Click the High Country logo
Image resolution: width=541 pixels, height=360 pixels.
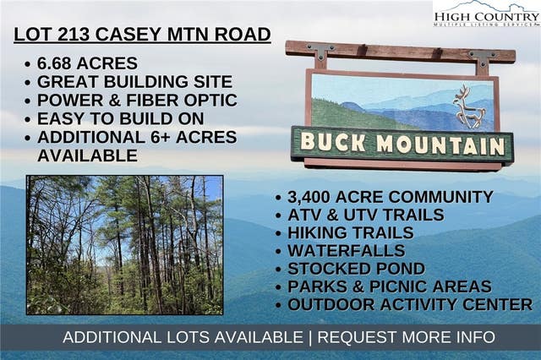pos(487,14)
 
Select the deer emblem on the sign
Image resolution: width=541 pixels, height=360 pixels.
pos(469,107)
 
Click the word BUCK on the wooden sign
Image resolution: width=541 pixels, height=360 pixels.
pos(333,143)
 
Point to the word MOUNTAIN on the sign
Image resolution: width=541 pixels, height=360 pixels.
pos(441,145)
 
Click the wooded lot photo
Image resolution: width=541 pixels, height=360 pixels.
pos(125,245)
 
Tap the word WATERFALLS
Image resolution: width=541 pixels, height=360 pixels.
pos(347,251)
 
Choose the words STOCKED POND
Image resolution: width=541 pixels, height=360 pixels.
pos(357,269)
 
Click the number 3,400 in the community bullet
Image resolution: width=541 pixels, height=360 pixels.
pos(309,197)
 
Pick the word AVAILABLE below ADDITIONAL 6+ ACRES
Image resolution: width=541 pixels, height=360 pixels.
pos(87,155)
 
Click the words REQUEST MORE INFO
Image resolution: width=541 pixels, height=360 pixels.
pos(406,337)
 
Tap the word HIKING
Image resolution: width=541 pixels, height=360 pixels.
pos(321,232)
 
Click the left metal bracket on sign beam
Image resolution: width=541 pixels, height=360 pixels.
pos(320,51)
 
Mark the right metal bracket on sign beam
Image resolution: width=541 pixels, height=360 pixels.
pos(483,57)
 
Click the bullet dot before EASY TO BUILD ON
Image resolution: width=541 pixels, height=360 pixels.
pos(28,119)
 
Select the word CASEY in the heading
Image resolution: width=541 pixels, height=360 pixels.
pos(128,34)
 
